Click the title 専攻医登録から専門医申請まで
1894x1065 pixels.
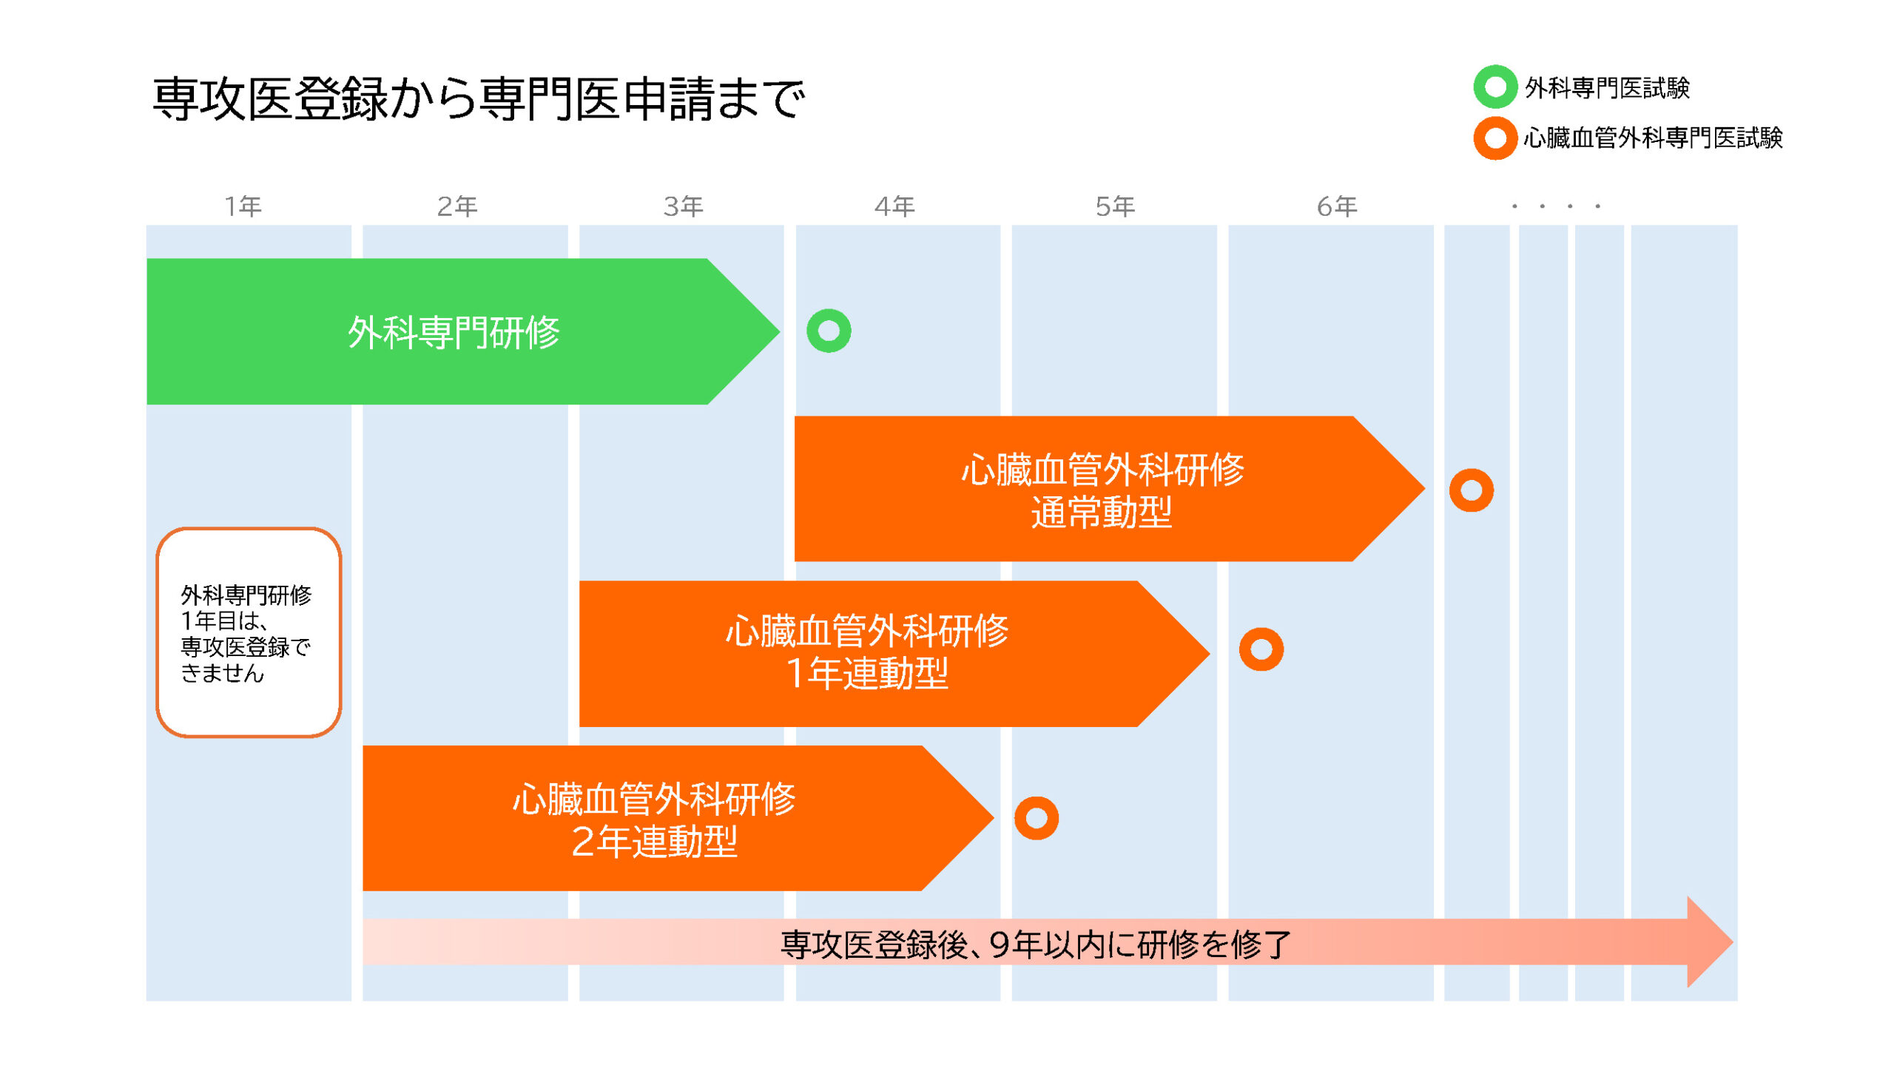tap(478, 99)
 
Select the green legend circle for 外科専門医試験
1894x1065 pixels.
tap(1494, 87)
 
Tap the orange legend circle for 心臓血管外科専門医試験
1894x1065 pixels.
tap(1494, 138)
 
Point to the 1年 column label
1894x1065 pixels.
tap(243, 206)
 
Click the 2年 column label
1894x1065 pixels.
tap(457, 206)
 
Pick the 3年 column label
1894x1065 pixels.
tap(683, 206)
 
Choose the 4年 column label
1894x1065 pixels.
tap(894, 206)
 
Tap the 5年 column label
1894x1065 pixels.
tap(1115, 206)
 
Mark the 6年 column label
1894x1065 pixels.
tap(1337, 206)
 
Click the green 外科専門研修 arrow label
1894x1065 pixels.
tap(454, 332)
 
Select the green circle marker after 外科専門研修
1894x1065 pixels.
tap(829, 331)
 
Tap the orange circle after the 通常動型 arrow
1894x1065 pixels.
tap(1471, 490)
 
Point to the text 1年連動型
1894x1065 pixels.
tap(867, 674)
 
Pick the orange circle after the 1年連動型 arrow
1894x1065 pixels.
tap(1261, 649)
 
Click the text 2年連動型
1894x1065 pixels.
tap(654, 842)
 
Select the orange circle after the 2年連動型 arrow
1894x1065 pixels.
tap(1036, 818)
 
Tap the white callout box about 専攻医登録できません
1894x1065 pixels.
tap(249, 632)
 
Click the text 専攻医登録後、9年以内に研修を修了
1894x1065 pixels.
tap(1036, 944)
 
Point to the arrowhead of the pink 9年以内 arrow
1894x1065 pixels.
tap(1709, 941)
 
